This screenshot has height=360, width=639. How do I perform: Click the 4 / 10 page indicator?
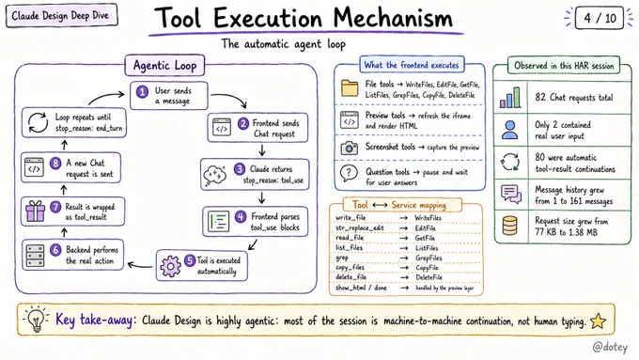tap(600, 18)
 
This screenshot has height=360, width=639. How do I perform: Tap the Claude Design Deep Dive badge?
tap(61, 15)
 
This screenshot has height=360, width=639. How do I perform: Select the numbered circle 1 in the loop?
tap(142, 92)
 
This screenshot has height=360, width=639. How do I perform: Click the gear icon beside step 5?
tap(170, 266)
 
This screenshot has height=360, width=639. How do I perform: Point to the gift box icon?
tap(36, 211)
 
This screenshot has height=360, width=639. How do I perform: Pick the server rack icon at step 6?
tap(35, 256)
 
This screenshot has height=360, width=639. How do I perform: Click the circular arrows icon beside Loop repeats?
tap(38, 122)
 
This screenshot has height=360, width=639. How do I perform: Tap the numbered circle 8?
tap(55, 164)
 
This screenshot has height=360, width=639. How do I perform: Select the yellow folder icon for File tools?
tap(350, 88)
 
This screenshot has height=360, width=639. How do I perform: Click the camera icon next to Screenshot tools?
tap(350, 148)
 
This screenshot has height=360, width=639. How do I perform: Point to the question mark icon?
tap(349, 173)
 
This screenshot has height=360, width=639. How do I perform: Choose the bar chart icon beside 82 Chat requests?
tap(510, 98)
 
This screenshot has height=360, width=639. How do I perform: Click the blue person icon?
tap(510, 130)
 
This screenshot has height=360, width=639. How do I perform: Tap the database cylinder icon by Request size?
tap(510, 226)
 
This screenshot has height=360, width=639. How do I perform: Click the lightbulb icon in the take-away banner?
tap(37, 320)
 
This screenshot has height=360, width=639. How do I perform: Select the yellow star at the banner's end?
tap(598, 321)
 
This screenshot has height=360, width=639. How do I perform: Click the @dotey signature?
tap(610, 347)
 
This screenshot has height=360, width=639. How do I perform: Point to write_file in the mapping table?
tap(351, 218)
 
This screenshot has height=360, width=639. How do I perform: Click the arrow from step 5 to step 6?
tap(140, 266)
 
